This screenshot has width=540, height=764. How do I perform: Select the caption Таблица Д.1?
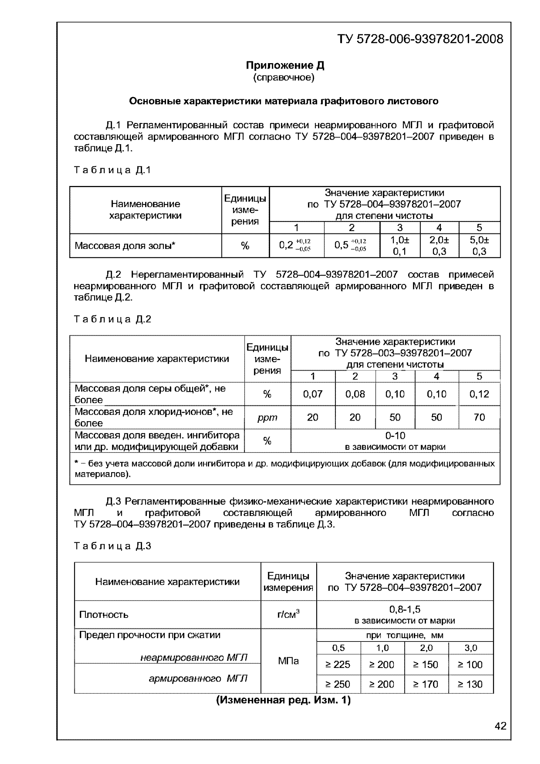[x=112, y=170]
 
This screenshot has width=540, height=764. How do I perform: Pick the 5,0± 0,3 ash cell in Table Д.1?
[x=479, y=246]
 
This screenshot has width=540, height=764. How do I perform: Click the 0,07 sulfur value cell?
[x=312, y=394]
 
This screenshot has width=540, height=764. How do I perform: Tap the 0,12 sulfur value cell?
[x=479, y=394]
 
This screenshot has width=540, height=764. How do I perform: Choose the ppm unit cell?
[x=267, y=417]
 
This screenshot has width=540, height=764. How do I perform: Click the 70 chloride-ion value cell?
[x=479, y=417]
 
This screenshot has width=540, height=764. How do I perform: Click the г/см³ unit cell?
[x=288, y=614]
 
